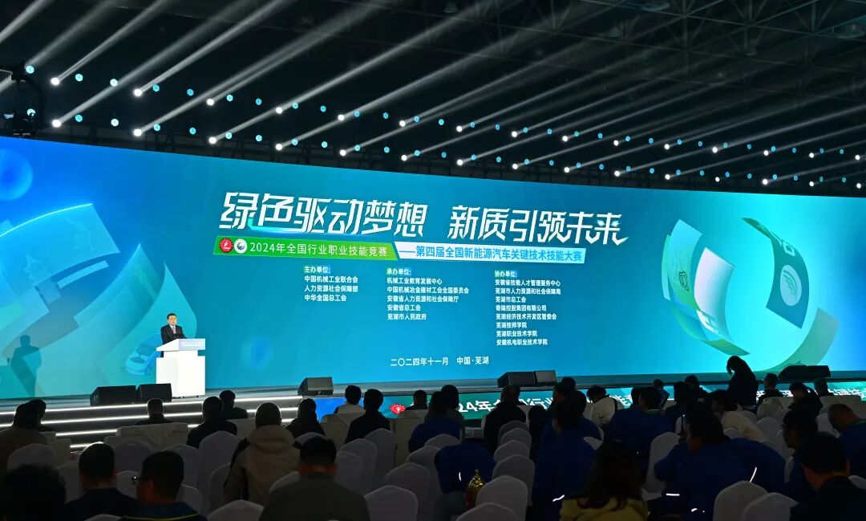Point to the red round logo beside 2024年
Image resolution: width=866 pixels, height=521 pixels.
coord(226,246)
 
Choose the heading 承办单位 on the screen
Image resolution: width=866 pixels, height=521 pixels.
coord(399,271)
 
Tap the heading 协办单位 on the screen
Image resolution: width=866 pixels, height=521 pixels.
coord(507,273)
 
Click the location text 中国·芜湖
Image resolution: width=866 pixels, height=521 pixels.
coord(472,361)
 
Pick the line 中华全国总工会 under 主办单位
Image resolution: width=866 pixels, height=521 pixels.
coord(325,297)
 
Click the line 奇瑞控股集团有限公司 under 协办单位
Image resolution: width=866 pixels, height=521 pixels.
coord(520,307)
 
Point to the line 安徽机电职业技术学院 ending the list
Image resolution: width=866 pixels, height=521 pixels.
coord(521,342)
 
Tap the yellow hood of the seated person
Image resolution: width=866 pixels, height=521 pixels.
coord(604,508)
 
